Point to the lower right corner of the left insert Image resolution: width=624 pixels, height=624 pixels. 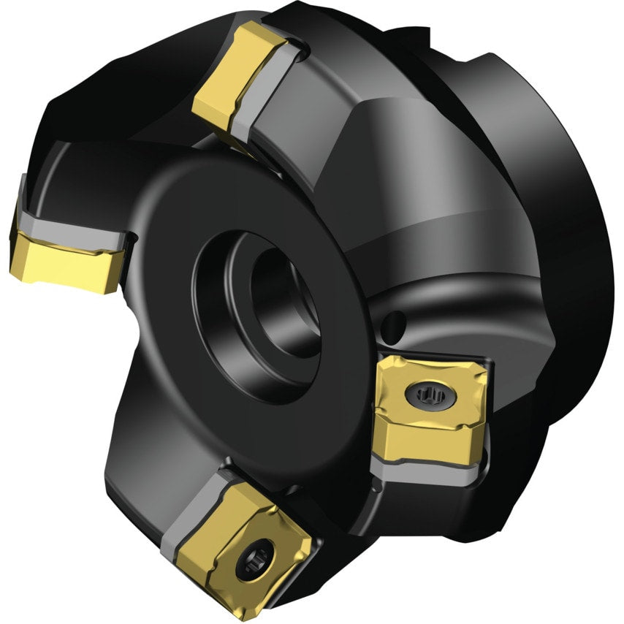(x=110, y=289)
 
